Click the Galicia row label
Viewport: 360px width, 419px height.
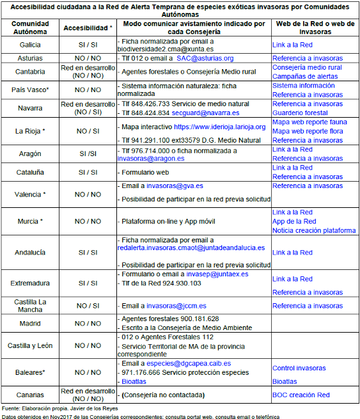pyautogui.click(x=30, y=44)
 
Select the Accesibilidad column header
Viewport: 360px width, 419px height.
pyautogui.click(x=88, y=28)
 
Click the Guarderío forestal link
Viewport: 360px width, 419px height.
pyautogui.click(x=300, y=113)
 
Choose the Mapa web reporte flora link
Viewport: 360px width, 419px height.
pyautogui.click(x=308, y=131)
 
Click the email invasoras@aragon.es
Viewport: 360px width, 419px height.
pyautogui.click(x=151, y=159)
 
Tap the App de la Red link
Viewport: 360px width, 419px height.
pyautogui.click(x=294, y=221)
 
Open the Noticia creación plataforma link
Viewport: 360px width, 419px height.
pyautogui.click(x=314, y=230)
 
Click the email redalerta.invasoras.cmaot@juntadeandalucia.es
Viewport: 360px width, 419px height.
pyautogui.click(x=191, y=248)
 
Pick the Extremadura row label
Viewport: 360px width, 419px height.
pyautogui.click(x=30, y=283)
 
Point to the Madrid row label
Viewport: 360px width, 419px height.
pyautogui.click(x=30, y=323)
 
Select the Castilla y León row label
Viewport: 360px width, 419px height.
pyautogui.click(x=30, y=345)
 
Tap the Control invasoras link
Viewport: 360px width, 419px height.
pyautogui.click(x=299, y=368)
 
